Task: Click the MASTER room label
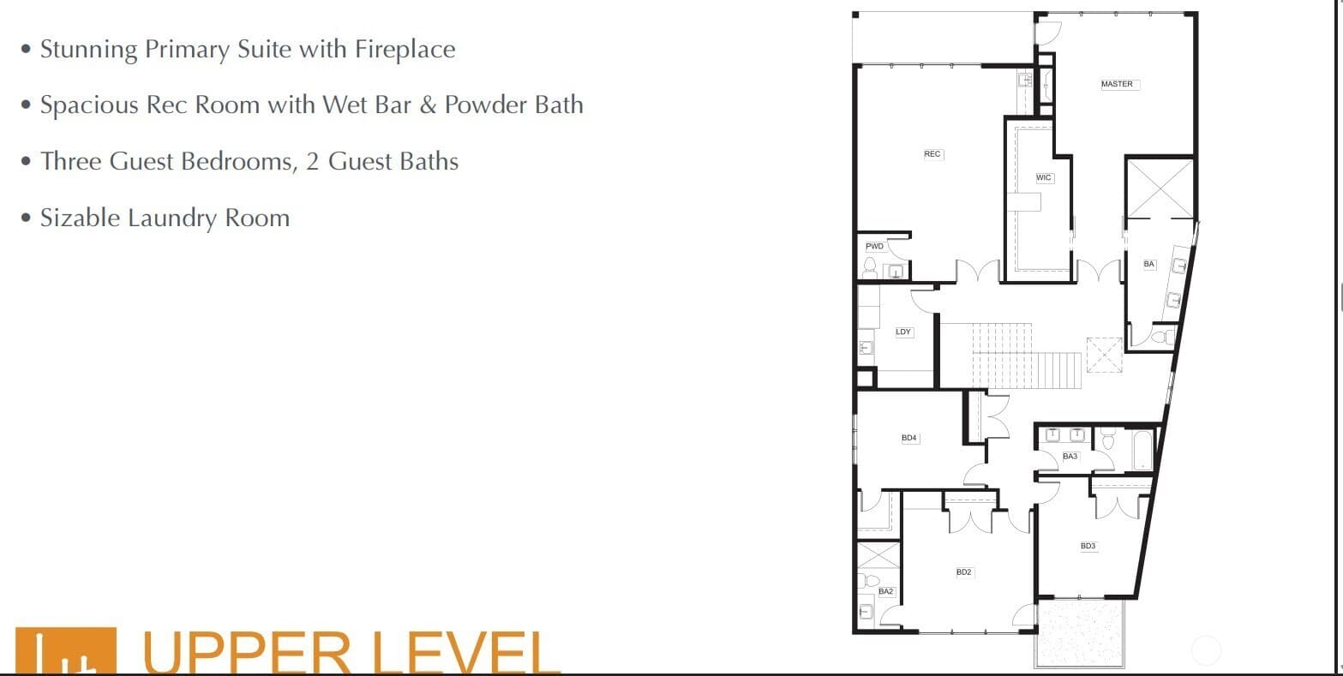tap(1117, 84)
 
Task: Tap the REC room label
tap(932, 154)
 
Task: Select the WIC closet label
tap(1043, 177)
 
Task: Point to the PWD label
tap(874, 246)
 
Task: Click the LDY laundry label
tap(903, 332)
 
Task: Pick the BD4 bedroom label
tap(909, 438)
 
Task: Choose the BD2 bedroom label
tap(963, 572)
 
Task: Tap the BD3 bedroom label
tap(1088, 546)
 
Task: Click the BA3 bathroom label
tap(1070, 456)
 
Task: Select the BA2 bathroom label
tap(885, 591)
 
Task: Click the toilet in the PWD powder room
tap(869, 267)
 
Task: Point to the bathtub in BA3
tap(1142, 450)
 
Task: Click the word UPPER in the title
tap(247, 653)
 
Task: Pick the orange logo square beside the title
tap(66, 651)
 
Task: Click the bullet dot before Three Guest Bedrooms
tap(26, 161)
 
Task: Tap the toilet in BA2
tap(869, 580)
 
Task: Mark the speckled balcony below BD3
tap(1079, 633)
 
